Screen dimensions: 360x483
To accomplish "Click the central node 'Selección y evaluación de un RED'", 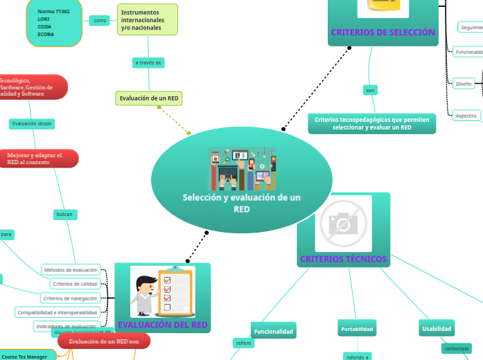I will tap(241, 202).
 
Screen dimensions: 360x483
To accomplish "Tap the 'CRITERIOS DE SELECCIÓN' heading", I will tap(383, 33).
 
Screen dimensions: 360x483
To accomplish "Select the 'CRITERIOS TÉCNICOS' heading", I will tap(343, 259).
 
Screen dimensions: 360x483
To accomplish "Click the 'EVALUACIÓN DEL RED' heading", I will tap(162, 324).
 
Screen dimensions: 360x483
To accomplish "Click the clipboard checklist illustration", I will tap(162, 292).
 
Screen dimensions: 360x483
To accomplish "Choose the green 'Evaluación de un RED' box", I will tap(149, 98).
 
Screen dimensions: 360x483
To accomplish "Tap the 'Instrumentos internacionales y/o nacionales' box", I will tap(148, 21).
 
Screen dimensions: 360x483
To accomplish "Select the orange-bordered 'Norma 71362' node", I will tap(53, 23).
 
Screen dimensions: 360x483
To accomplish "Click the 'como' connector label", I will tap(100, 21).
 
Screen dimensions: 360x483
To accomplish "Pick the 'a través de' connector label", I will tap(148, 63).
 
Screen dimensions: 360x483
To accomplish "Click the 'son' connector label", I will tap(370, 90).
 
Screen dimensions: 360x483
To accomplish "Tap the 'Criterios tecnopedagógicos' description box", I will tap(371, 123).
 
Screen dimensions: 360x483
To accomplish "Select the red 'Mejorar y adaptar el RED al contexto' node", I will tap(35, 159).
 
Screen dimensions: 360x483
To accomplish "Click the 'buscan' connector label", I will tap(64, 215).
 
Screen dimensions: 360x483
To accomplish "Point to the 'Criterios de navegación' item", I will tap(69, 298).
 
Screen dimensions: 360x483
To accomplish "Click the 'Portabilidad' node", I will tap(358, 328).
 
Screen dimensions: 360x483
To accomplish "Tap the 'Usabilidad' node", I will tap(437, 328).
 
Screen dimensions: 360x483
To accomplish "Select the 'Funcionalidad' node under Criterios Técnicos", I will tap(273, 332).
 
